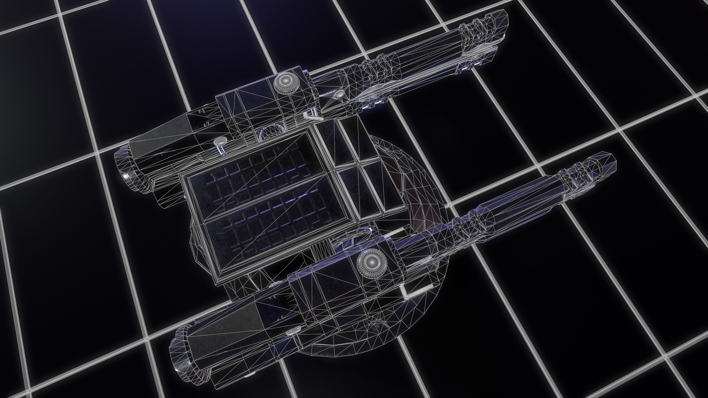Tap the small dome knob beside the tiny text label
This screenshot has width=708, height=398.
click(x=340, y=93)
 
